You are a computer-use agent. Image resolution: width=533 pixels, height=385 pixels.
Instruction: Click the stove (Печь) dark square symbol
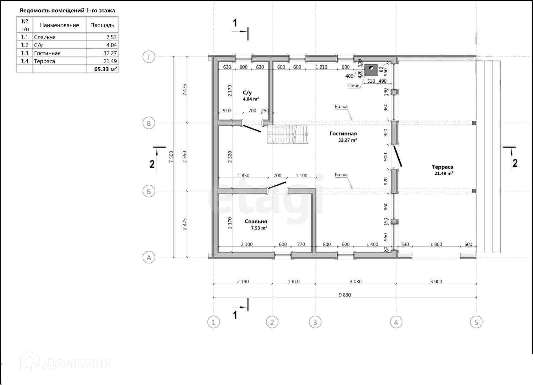[x=371, y=70]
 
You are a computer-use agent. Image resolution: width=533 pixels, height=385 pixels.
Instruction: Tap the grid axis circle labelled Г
[x=149, y=57]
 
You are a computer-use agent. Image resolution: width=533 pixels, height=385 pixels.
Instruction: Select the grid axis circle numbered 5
[x=476, y=322]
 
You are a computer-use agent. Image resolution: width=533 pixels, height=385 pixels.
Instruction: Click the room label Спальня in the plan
[x=256, y=222]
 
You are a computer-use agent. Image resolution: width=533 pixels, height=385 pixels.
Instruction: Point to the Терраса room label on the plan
[x=442, y=167]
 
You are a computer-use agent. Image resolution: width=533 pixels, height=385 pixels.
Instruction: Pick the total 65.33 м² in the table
[x=105, y=69]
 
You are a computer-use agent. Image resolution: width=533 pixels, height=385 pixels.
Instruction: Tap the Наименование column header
[x=59, y=25]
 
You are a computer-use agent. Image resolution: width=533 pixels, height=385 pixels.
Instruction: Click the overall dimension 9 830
[x=345, y=295]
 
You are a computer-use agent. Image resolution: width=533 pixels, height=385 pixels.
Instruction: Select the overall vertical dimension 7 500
[x=171, y=157]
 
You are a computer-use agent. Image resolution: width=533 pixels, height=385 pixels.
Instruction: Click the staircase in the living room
[x=288, y=135]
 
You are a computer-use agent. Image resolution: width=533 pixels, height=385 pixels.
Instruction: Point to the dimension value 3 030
[x=355, y=281]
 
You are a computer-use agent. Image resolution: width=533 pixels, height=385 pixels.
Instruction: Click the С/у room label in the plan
[x=247, y=93]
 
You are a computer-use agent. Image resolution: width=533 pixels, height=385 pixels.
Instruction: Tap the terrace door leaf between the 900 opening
[x=398, y=156]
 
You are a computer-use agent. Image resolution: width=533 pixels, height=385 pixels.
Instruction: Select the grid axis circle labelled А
[x=149, y=258]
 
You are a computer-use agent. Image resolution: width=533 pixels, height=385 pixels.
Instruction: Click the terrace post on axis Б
[x=474, y=191]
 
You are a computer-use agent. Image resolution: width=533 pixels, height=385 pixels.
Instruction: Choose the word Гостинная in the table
[x=47, y=53]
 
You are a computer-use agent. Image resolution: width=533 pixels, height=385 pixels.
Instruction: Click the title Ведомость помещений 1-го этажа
[x=67, y=10]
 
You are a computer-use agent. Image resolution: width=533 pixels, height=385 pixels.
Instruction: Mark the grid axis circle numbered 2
[x=272, y=322]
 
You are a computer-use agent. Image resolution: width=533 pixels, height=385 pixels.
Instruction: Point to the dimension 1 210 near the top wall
[x=321, y=67]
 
